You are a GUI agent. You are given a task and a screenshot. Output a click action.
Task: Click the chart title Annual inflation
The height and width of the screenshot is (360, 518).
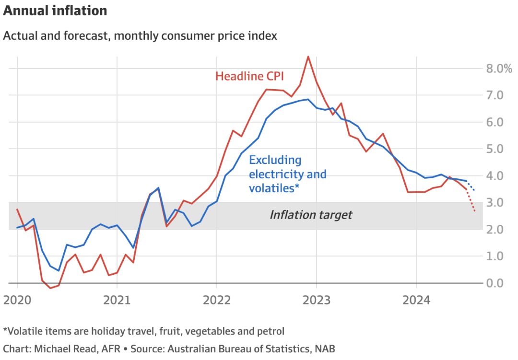(x=55, y=11)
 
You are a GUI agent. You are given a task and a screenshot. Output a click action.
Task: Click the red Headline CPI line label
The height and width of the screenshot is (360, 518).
(x=249, y=76)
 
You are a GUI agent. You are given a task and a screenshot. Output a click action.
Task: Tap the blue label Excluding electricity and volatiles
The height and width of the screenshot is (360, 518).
(x=287, y=174)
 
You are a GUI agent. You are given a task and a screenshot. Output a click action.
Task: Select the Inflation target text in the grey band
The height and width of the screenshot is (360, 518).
(x=311, y=215)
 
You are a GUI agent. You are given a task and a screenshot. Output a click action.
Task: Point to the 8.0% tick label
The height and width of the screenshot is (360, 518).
(x=499, y=69)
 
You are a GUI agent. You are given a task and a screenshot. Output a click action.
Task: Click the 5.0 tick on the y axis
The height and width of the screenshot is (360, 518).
(x=494, y=149)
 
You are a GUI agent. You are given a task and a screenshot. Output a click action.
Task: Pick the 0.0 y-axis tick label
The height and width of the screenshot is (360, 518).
(x=494, y=283)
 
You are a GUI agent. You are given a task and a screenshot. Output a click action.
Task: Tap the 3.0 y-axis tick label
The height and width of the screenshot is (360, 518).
(x=494, y=202)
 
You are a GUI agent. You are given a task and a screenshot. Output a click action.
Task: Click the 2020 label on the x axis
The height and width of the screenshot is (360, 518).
(x=17, y=300)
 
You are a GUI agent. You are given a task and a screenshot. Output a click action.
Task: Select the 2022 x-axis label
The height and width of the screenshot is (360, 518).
(x=217, y=300)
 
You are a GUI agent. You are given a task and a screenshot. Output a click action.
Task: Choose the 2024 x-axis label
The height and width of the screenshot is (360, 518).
(x=416, y=300)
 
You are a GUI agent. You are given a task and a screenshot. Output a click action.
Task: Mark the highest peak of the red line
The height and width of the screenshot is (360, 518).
(x=308, y=57)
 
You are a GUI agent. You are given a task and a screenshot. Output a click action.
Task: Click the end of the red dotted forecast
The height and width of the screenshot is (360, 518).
(x=475, y=211)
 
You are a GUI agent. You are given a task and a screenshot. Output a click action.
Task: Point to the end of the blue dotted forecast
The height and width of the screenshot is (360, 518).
(x=475, y=191)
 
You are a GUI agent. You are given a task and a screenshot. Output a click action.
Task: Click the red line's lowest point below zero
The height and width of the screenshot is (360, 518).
(x=50, y=288)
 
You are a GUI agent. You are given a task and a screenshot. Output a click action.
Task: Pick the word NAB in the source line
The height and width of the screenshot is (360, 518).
(x=325, y=349)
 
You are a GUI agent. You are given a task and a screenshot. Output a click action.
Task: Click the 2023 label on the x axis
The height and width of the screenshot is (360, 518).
(x=317, y=300)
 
